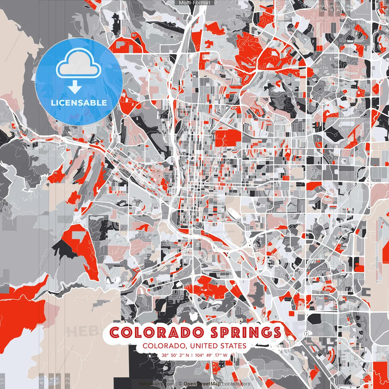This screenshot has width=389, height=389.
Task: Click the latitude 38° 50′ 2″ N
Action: click(175, 355)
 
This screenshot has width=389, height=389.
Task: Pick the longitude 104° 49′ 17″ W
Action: click(211, 355)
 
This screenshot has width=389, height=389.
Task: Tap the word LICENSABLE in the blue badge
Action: click(79, 103)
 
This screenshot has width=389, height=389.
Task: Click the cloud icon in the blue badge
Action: click(79, 64)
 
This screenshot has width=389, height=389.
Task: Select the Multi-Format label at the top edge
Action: click(194, 3)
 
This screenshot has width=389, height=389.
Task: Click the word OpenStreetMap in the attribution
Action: click(202, 384)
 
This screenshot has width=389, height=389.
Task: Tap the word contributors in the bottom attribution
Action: click(236, 384)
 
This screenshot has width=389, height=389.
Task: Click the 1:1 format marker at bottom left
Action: click(3, 380)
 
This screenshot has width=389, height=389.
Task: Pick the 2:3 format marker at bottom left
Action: click(67, 380)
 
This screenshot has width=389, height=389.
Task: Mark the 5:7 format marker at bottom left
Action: click(58, 380)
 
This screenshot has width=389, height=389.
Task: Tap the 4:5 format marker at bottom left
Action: click(42, 380)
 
